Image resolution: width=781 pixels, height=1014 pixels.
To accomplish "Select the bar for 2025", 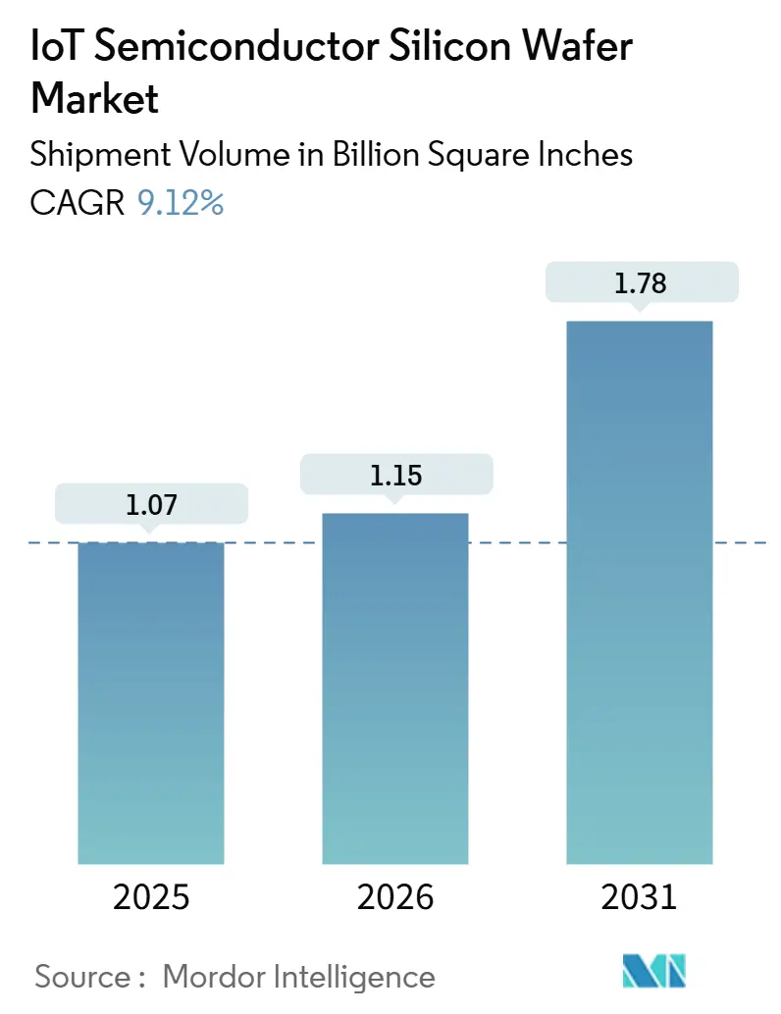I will click(x=151, y=702).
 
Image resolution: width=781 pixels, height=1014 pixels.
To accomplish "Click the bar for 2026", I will click(x=394, y=687).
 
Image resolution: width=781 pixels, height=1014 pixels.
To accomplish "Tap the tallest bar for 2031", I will click(x=639, y=592).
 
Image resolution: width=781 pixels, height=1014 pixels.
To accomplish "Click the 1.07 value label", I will click(x=151, y=505).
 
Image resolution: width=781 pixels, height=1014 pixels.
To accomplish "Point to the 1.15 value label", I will click(x=394, y=476).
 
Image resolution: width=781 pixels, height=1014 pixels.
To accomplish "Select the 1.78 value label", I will click(x=639, y=283).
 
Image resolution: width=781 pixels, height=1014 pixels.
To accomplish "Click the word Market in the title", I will click(x=95, y=98).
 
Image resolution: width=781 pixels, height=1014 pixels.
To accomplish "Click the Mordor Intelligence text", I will click(x=299, y=976).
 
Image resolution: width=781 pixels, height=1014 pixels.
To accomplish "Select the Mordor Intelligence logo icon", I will click(x=654, y=971).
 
